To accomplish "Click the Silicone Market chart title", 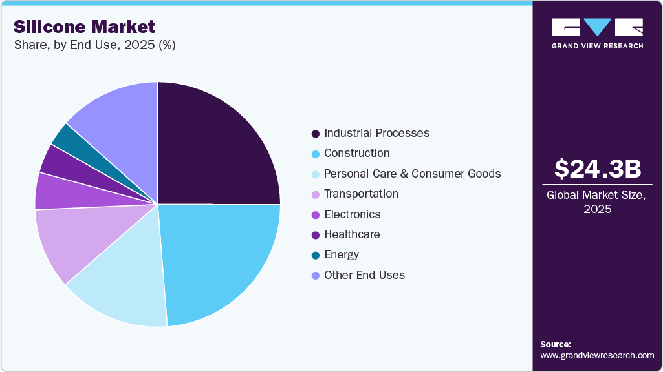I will tap(85, 26).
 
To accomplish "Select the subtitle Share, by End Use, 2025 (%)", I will tap(94, 45).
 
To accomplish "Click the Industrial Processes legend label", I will tap(376, 133).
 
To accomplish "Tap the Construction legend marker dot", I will tap(315, 154).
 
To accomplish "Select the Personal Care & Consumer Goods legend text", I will tap(412, 174).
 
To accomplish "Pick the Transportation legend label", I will tap(361, 194).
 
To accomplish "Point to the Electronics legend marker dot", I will tap(315, 214).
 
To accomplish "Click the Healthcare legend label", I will tap(352, 234).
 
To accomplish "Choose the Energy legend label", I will tap(342, 254).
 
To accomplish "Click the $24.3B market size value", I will tap(597, 169).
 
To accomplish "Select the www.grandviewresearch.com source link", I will tap(597, 355).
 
